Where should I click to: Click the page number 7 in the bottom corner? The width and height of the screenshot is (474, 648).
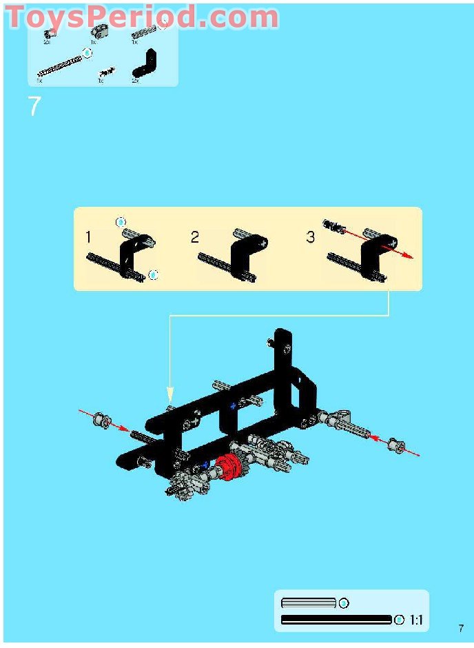point(461,628)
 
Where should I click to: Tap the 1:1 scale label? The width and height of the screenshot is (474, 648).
point(416,620)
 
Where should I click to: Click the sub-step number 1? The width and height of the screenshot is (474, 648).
point(88,237)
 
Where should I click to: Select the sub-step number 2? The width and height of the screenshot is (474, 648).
point(195,237)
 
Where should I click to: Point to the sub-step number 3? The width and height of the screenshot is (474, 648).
point(310,237)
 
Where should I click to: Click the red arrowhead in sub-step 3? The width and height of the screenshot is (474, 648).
point(409,256)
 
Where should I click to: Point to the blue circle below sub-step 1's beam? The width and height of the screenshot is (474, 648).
point(153,275)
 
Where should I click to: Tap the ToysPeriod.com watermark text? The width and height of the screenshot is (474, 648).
point(142,17)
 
